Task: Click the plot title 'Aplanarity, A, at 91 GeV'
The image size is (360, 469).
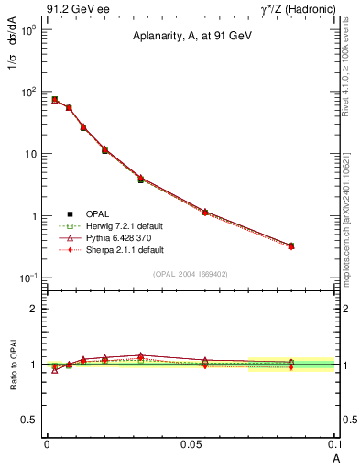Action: [x=191, y=38]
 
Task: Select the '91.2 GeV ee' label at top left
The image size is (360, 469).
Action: [x=78, y=9]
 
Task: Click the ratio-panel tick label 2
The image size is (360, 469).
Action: [x=34, y=309]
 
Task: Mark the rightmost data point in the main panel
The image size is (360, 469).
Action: [x=291, y=245]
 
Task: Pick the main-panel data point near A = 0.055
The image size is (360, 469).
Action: [x=205, y=212]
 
